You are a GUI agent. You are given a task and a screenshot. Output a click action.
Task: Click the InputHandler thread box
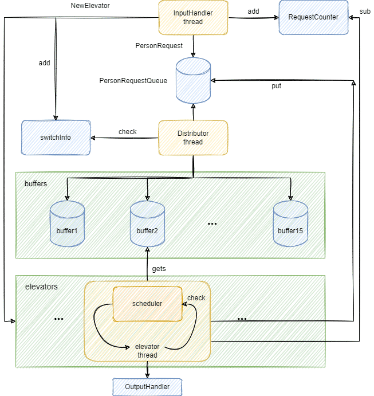(x=193, y=17)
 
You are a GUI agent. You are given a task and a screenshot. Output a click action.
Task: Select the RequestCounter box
(x=313, y=17)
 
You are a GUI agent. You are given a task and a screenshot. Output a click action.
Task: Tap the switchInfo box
(x=56, y=138)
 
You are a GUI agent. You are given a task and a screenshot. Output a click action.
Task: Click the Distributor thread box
(x=193, y=138)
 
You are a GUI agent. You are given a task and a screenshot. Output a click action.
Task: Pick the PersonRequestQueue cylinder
(x=194, y=81)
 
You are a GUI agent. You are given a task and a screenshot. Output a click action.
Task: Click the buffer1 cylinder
(x=67, y=224)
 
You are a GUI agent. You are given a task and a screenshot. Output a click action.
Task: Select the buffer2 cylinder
(x=147, y=224)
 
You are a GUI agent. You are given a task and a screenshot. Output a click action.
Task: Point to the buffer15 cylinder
(x=290, y=224)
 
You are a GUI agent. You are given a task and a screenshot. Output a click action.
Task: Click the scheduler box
(x=147, y=304)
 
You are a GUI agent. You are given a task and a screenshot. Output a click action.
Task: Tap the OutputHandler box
(x=147, y=387)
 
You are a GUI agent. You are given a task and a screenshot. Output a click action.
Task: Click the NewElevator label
(x=90, y=6)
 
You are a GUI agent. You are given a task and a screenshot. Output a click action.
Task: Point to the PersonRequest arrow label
(x=159, y=46)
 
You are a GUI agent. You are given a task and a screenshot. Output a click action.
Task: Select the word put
(x=276, y=86)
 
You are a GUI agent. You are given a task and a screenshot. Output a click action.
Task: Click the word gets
(x=159, y=269)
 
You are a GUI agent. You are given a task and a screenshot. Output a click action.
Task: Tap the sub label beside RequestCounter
(x=365, y=11)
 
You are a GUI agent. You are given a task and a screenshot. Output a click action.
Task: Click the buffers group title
(x=36, y=183)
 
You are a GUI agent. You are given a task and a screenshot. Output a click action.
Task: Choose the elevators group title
(x=41, y=287)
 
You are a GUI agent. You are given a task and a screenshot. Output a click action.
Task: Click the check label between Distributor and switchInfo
(x=128, y=132)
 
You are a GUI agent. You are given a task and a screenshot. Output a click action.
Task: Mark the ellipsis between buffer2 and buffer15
(x=212, y=224)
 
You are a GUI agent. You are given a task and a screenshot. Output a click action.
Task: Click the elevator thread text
(x=147, y=351)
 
